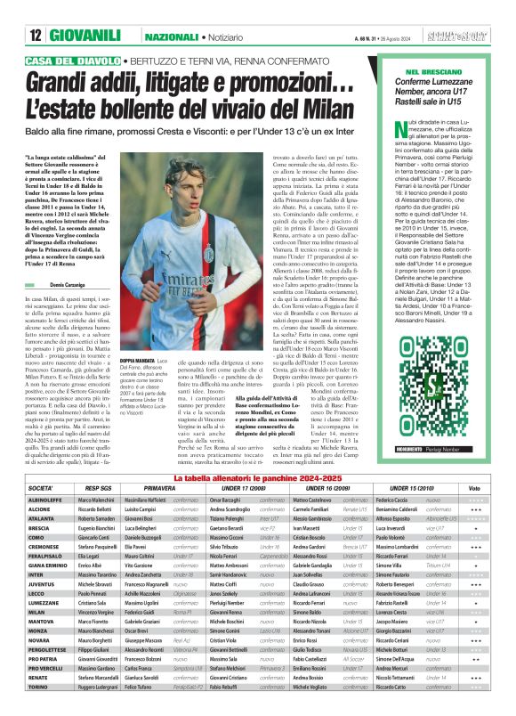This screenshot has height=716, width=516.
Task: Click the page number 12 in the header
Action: tap(36, 36)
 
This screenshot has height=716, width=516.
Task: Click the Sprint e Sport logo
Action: tap(465, 36)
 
